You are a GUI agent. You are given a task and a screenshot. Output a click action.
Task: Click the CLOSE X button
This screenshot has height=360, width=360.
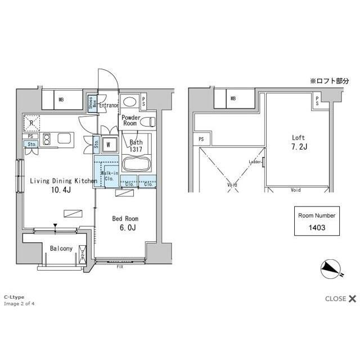(340, 299)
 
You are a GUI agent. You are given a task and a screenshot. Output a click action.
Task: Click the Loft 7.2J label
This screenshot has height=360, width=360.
(298, 141)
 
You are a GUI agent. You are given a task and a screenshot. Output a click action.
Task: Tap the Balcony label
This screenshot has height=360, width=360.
(61, 248)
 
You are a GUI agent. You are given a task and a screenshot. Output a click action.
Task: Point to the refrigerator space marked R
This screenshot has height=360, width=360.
(33, 123)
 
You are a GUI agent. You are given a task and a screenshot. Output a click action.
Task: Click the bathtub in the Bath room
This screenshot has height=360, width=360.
(135, 165)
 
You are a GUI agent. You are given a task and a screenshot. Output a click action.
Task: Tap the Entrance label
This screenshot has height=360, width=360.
(109, 105)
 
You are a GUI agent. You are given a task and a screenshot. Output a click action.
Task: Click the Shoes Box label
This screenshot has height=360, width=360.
(91, 103)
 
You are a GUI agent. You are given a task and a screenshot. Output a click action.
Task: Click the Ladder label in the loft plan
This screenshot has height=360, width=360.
(255, 163)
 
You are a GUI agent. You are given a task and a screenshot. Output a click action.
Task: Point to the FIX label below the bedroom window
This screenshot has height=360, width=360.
(120, 267)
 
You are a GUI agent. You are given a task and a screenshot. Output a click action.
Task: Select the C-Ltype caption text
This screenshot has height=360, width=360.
(14, 296)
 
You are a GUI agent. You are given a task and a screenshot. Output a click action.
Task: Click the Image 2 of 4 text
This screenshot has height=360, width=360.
(20, 304)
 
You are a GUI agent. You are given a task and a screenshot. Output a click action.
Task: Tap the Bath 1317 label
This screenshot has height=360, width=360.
(136, 146)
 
